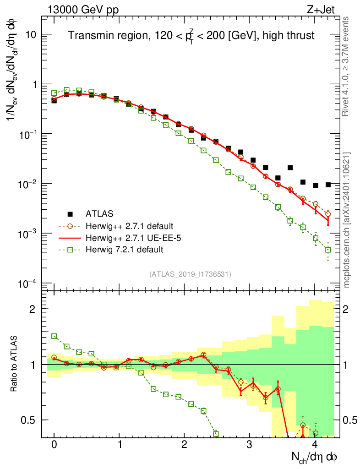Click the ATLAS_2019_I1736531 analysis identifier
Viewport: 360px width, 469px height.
click(190, 274)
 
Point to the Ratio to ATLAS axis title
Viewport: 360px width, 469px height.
click(14, 365)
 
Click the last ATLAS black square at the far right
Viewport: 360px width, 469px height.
click(328, 185)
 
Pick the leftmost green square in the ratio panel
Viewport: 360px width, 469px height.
click(54, 336)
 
